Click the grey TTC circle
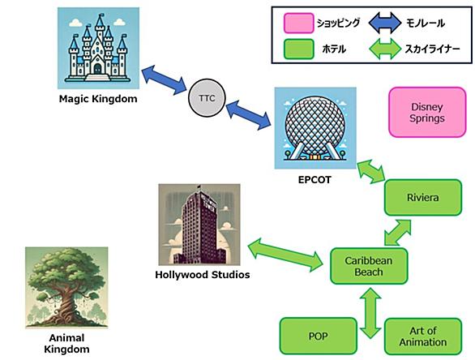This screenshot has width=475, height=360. [207, 98]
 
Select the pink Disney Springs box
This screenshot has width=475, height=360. [427, 112]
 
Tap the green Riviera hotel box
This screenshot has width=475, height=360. [423, 198]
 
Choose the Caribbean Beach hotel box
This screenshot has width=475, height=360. [369, 266]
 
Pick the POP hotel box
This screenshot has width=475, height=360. [318, 336]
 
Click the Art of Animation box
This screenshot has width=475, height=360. [423, 336]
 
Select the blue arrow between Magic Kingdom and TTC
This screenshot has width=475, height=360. [164, 79]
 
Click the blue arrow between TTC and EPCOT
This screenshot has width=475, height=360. [248, 115]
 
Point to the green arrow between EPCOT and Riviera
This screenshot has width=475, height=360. [371, 172]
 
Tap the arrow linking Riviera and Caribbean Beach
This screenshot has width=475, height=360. [398, 233]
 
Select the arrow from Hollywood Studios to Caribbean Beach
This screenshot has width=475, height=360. [285, 255]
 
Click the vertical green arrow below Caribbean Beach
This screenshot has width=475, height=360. [370, 313]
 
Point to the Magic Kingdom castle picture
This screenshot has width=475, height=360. [98, 48]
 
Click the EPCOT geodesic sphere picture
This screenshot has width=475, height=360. [315, 128]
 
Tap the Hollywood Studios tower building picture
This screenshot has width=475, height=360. [199, 225]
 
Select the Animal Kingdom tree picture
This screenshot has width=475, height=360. [66, 288]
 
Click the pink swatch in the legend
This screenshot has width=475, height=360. [298, 23]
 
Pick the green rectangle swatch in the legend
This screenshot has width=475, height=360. [298, 49]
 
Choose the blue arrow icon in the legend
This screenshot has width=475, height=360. [385, 23]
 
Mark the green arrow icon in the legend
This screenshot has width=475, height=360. [385, 49]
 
